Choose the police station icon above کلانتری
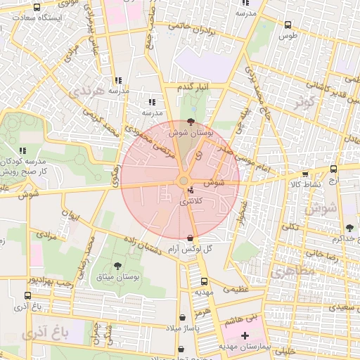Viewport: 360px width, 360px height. click(191, 191)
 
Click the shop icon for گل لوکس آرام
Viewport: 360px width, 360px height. click(192, 238)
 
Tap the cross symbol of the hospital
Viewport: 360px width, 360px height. click(244, 336)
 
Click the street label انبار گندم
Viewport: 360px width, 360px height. click(193, 86)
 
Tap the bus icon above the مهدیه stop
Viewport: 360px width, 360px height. click(203, 281)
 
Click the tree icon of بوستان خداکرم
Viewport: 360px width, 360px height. click(349, 227)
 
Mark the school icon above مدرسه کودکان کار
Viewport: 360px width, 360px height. click(22, 150)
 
